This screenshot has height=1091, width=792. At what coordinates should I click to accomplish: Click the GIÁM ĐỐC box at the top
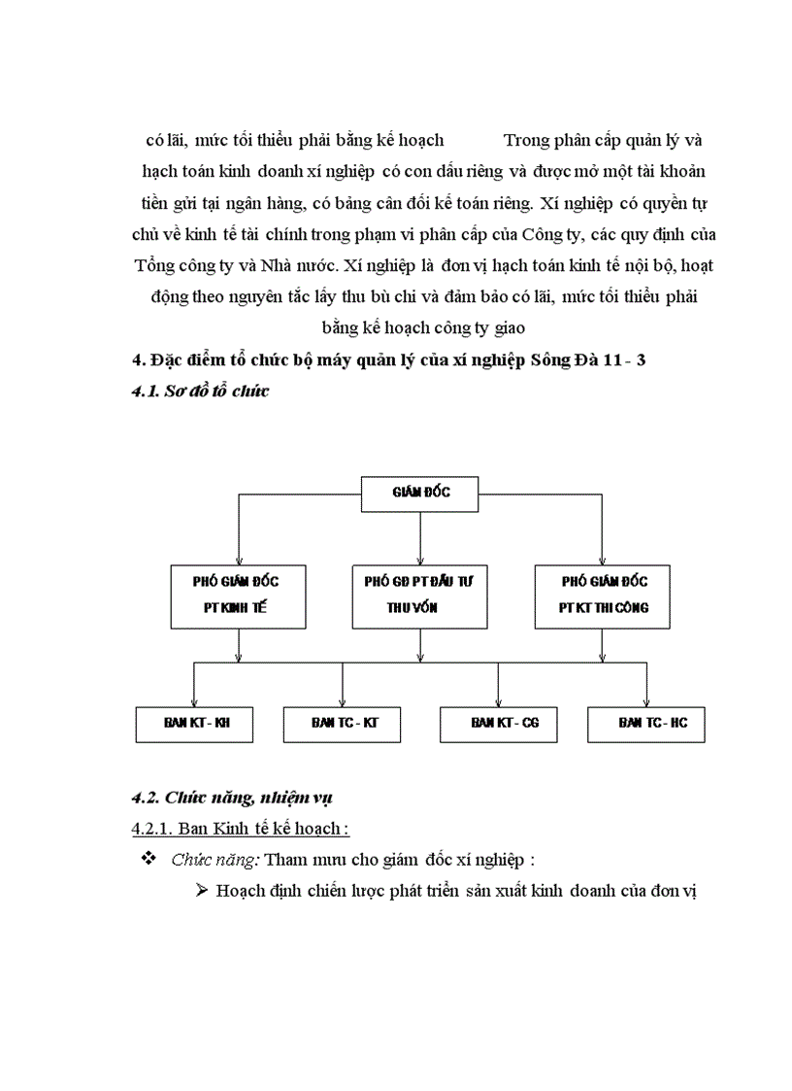tap(420, 493)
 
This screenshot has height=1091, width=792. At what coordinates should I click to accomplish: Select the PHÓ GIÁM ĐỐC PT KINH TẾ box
tap(237, 596)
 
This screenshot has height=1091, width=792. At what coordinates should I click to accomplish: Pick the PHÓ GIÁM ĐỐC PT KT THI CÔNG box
tap(605, 596)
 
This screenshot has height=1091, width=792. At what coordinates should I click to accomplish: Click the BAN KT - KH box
tap(194, 724)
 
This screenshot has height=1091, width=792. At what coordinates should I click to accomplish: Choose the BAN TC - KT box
tap(344, 724)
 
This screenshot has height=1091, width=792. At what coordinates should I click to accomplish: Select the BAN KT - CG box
tap(499, 724)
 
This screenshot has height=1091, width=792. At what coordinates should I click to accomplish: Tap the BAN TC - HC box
tap(646, 724)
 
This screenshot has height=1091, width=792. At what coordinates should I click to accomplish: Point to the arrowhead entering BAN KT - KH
tap(194, 701)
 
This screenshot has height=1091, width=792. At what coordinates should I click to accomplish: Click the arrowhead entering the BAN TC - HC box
tap(646, 701)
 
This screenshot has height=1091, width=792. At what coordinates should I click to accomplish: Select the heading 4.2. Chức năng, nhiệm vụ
tap(232, 799)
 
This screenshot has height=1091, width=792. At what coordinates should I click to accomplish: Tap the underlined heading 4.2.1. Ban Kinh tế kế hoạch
tap(240, 829)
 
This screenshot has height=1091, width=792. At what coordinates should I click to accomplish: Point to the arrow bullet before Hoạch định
tap(203, 891)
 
